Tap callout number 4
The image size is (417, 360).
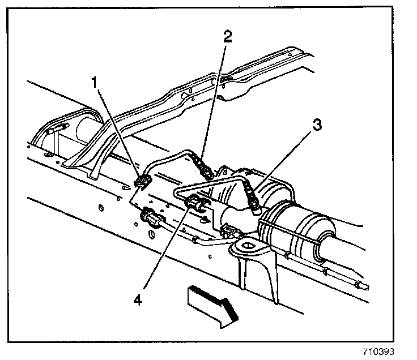click(x=138, y=297)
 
